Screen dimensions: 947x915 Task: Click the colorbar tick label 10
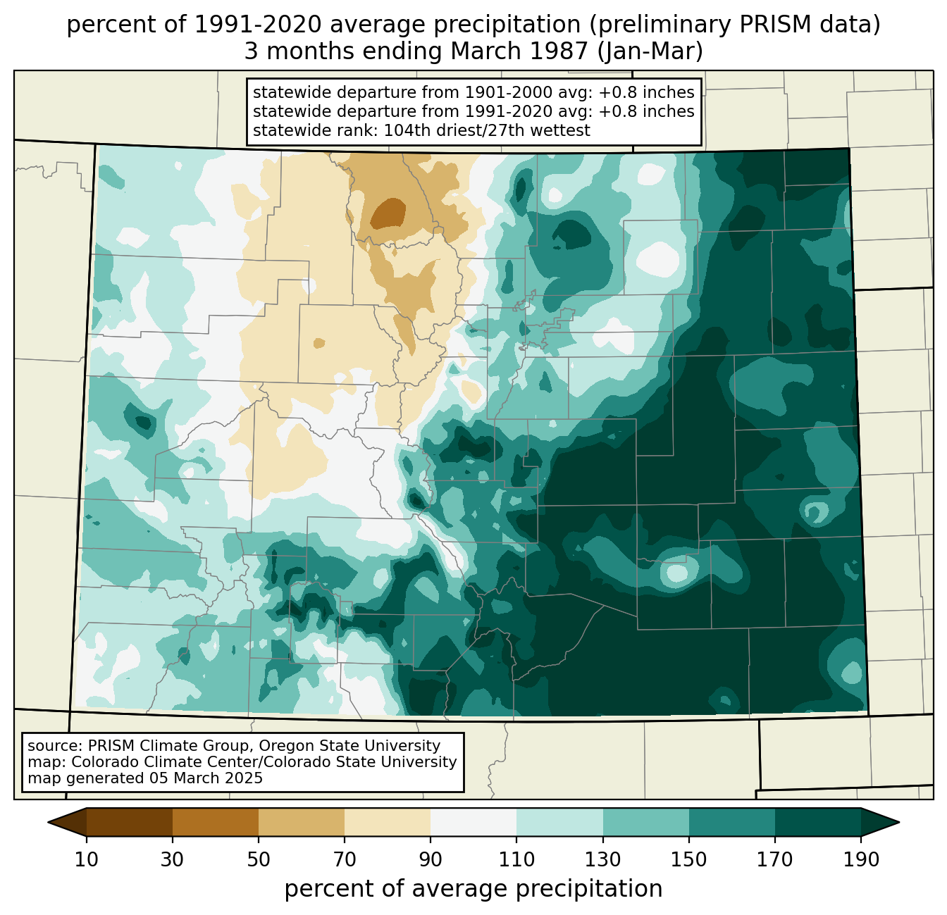pyautogui.click(x=86, y=859)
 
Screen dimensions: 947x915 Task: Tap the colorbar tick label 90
pyautogui.click(x=431, y=859)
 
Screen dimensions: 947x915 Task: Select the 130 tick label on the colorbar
pyautogui.click(x=602, y=859)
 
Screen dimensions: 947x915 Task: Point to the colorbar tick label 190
pyautogui.click(x=860, y=859)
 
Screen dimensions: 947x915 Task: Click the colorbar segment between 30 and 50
pyautogui.click(x=215, y=822)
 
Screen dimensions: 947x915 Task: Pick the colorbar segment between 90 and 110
pyautogui.click(x=473, y=822)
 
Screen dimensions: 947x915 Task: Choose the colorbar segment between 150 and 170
pyautogui.click(x=731, y=822)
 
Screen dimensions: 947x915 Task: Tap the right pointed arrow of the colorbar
pyautogui.click(x=879, y=822)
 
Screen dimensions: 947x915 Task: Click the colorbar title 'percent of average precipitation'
pyautogui.click(x=473, y=888)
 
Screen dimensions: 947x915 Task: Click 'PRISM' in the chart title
pyautogui.click(x=768, y=25)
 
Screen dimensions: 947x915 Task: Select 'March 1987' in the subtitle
pyautogui.click(x=519, y=51)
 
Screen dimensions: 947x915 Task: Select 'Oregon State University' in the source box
pyautogui.click(x=349, y=746)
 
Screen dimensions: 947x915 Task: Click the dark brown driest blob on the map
pyautogui.click(x=388, y=213)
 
